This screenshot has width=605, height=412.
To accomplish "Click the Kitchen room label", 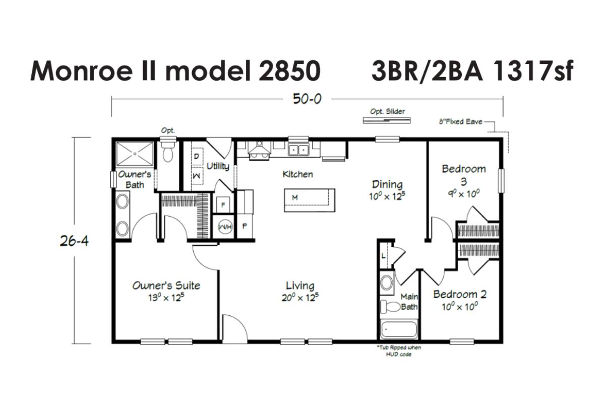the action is pos(297,174).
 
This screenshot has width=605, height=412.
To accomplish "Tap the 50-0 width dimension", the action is pos(307,99).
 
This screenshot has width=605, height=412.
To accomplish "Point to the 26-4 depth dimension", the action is pos(74,241).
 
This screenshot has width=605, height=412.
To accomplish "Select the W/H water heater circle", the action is pos(225,227).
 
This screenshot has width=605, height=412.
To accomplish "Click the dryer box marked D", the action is pos(197,157).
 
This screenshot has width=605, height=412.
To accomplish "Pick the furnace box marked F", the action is pos(223,205).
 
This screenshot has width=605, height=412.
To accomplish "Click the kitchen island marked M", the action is pos(310,200).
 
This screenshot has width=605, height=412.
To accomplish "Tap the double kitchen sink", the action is pos(298,150).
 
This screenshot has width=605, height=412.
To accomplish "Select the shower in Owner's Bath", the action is pos(135,154).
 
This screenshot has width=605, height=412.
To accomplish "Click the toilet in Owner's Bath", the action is pos(168,152).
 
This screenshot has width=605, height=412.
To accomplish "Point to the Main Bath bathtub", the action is pos(399,329).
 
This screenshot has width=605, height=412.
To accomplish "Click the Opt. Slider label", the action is pos(387,111).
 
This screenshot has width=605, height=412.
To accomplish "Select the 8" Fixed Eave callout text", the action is pos(460,122).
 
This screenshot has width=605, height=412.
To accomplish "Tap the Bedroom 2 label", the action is pos(460,294).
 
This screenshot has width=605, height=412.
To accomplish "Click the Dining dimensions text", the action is pos(387,196).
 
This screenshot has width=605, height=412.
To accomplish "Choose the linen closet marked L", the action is pos(384,256).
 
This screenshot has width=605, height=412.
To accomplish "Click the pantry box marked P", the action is pos(245,226).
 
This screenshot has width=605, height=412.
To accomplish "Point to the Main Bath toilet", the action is pos(391,307).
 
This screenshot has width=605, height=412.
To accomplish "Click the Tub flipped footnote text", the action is pos(399,351).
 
